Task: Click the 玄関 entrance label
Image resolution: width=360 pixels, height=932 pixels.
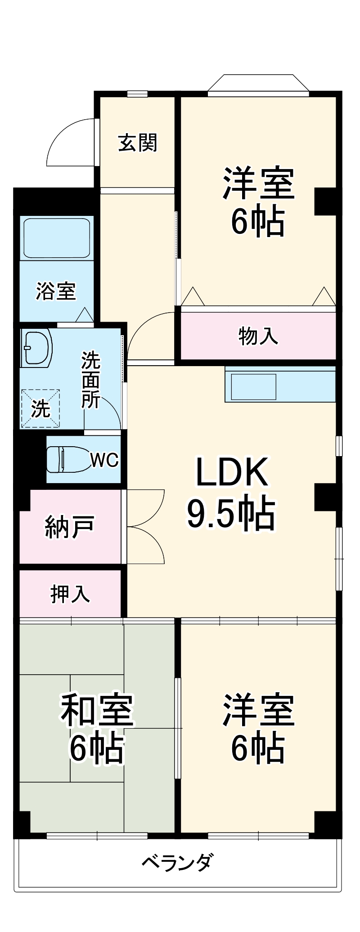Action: pyautogui.click(x=138, y=143)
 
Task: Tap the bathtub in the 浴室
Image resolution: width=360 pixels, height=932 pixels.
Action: pyautogui.click(x=56, y=238)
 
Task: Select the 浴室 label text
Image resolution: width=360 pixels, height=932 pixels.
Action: pyautogui.click(x=56, y=291)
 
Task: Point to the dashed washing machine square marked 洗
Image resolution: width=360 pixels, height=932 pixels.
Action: pyautogui.click(x=40, y=408)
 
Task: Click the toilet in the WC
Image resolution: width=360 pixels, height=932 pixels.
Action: pyautogui.click(x=67, y=459)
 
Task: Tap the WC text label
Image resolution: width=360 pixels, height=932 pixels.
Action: pyautogui.click(x=104, y=460)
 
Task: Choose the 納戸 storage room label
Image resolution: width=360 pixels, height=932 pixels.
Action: pyautogui.click(x=69, y=527)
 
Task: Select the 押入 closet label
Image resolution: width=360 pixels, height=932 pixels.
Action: pyautogui.click(x=70, y=594)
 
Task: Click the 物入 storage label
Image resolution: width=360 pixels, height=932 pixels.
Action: pyautogui.click(x=258, y=336)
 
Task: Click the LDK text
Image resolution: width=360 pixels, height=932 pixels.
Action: pyautogui.click(x=232, y=472)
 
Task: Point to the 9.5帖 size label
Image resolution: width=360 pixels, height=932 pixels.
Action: pyautogui.click(x=231, y=513)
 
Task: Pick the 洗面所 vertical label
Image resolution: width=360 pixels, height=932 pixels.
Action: pyautogui.click(x=90, y=380)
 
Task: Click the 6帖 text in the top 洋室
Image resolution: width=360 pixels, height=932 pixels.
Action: pyautogui.click(x=258, y=222)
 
